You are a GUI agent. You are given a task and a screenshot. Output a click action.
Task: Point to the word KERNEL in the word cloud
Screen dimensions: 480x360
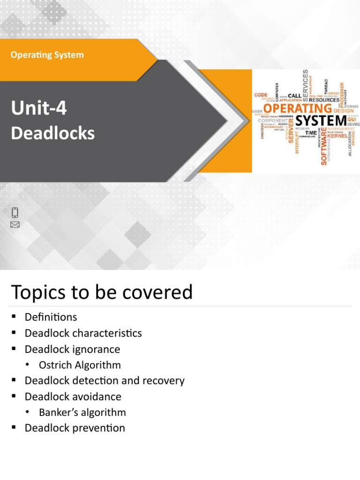[x=337, y=135]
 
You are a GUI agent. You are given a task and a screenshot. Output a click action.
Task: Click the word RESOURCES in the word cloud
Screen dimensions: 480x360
[x=324, y=100]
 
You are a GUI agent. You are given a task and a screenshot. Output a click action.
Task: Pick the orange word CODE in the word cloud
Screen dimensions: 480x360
[x=261, y=95]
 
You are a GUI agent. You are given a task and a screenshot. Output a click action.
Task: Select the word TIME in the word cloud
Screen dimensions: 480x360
[x=311, y=133]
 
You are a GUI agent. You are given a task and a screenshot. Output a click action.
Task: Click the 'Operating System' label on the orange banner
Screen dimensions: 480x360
[x=47, y=55]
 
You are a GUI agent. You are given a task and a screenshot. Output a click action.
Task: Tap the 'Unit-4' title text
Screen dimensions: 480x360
[x=39, y=109]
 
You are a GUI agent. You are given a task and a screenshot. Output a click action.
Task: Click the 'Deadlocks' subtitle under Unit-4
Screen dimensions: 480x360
[x=52, y=133]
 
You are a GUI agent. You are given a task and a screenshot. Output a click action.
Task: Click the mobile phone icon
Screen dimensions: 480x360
[x=15, y=212]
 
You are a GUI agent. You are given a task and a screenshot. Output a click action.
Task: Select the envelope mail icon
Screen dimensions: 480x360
[x=15, y=225]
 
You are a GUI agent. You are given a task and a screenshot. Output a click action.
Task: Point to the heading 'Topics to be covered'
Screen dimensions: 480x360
[x=101, y=292]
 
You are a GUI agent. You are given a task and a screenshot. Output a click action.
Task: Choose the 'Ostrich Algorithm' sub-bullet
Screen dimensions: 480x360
[x=80, y=365]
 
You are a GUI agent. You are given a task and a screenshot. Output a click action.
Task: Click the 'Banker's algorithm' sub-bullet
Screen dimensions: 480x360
[x=82, y=412]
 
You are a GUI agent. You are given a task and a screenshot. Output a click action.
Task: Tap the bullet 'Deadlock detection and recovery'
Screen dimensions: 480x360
[x=105, y=381]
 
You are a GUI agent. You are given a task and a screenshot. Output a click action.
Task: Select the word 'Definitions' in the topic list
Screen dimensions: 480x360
[x=51, y=317]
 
